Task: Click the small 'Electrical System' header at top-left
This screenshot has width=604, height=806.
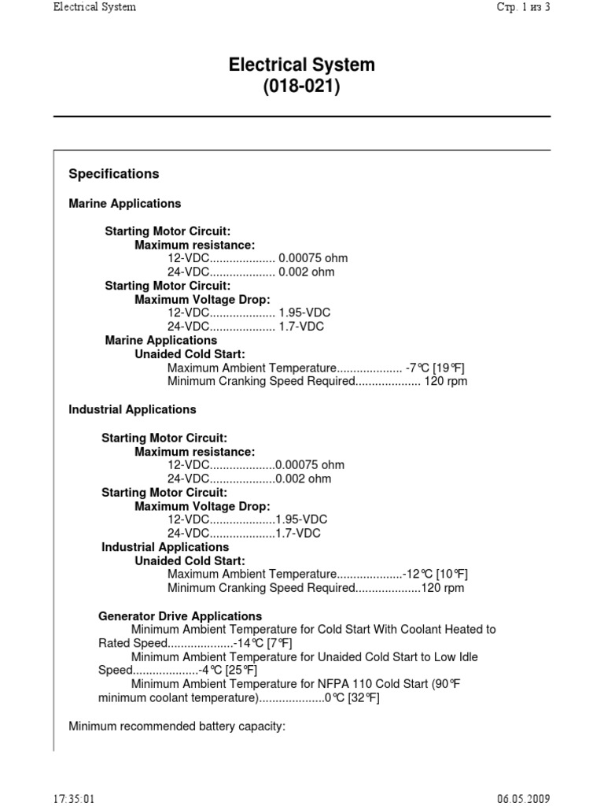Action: [94, 7]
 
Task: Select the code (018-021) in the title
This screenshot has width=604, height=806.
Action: [301, 87]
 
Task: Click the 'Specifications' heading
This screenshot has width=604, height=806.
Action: [114, 174]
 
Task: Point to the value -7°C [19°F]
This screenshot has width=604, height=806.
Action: [436, 368]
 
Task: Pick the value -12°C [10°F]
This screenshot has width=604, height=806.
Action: [435, 574]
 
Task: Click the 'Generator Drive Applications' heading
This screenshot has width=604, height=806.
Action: [180, 616]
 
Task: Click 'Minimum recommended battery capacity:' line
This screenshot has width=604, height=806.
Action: [177, 726]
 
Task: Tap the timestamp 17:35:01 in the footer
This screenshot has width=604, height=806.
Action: [74, 799]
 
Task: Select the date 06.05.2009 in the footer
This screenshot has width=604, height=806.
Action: [524, 799]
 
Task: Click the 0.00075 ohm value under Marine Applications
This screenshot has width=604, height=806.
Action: [313, 258]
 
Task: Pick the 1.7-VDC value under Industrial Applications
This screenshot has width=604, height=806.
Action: [298, 533]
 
